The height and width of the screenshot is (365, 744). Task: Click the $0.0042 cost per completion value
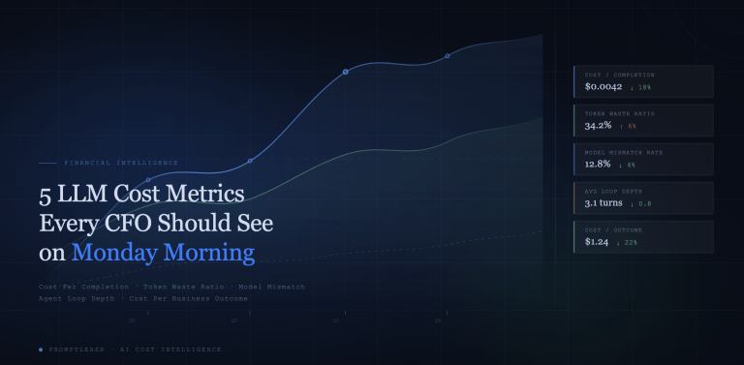pyautogui.click(x=602, y=87)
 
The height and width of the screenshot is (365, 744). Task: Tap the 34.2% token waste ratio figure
pyautogui.click(x=599, y=126)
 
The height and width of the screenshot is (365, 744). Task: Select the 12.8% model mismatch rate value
pyautogui.click(x=599, y=165)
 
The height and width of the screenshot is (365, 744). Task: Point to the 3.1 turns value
pyautogui.click(x=603, y=203)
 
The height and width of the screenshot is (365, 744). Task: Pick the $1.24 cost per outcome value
pyautogui.click(x=597, y=242)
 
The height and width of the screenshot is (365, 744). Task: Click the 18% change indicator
pyautogui.click(x=640, y=88)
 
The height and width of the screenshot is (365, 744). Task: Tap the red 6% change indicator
pyautogui.click(x=630, y=127)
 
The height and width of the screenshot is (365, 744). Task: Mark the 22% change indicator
pyautogui.click(x=631, y=243)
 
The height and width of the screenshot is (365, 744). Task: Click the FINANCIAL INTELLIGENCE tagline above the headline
pyautogui.click(x=120, y=163)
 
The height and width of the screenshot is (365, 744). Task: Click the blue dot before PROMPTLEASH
pyautogui.click(x=41, y=349)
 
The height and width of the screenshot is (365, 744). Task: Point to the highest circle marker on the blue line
pyautogui.click(x=447, y=56)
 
